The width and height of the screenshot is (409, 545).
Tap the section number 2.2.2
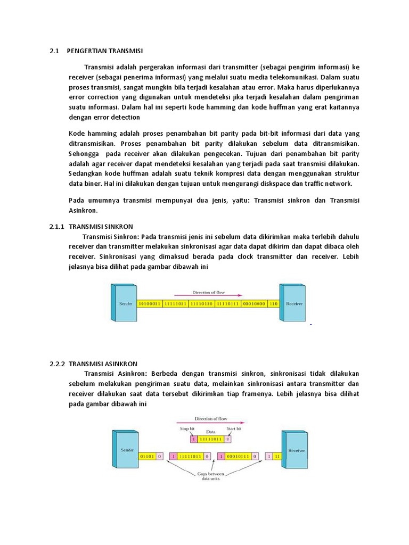56,364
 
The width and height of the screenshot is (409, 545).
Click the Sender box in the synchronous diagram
122,303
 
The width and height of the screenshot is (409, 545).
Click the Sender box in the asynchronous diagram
127,450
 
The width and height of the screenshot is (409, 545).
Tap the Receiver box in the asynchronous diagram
296,450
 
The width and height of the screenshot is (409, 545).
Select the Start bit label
234,428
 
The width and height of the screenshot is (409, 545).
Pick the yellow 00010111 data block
238,456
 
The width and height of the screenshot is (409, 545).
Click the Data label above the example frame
210,432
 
